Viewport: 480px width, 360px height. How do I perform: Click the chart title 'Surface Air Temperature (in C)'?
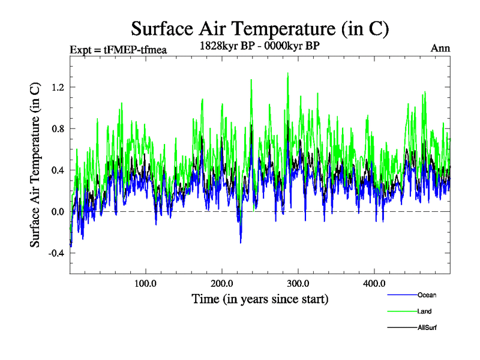pos(260,28)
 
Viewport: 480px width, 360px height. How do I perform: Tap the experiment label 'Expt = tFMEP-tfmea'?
pos(118,49)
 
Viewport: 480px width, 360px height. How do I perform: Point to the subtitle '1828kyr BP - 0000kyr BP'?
pos(260,46)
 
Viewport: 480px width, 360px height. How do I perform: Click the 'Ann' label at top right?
pos(440,48)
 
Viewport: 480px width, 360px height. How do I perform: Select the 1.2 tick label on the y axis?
pos(58,87)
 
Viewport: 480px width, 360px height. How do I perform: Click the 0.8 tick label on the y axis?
pos(58,128)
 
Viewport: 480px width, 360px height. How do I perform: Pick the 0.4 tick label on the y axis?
pos(58,170)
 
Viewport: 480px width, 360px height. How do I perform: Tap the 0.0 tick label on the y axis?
pos(58,211)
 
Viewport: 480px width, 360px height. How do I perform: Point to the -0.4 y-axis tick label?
pos(56,253)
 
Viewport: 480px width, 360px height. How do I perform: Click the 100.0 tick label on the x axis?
pos(146,283)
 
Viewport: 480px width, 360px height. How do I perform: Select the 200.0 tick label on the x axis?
pos(222,283)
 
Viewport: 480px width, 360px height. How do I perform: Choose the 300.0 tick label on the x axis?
pos(298,283)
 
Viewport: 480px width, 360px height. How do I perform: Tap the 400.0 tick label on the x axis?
pos(374,283)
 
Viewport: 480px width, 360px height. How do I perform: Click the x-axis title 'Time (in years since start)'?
pos(260,298)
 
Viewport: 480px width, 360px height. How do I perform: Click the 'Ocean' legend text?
pos(427,295)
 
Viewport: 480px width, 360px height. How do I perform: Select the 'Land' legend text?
pos(424,311)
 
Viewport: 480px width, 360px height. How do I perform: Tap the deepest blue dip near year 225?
pos(241,242)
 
